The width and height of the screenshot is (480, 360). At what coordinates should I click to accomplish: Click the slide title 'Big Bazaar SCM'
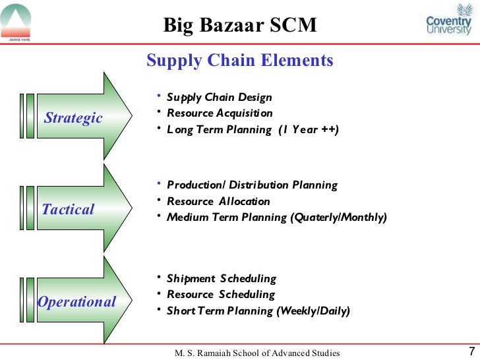pos(240,25)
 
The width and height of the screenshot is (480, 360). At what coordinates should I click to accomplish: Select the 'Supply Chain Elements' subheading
pos(239,61)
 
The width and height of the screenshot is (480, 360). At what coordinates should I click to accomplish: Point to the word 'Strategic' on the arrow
pos(73,118)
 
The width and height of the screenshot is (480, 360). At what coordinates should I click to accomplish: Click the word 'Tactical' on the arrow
pos(68,210)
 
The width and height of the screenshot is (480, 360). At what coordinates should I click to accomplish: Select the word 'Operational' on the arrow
pos(76,302)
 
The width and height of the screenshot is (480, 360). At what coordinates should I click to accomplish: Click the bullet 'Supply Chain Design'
pos(219,98)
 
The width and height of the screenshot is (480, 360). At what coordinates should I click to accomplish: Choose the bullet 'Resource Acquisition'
pos(220,113)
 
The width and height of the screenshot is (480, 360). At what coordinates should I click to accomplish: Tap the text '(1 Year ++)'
pos(308,130)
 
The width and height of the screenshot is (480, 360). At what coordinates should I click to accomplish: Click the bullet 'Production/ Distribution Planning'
pos(252,185)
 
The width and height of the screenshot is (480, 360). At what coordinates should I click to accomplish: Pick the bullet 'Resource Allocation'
pos(218,201)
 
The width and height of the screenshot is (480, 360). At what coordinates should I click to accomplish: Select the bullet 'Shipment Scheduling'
pos(221,278)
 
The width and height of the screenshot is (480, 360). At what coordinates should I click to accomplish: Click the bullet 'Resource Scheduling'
pos(221,294)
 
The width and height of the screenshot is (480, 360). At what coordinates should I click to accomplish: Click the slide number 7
pos(471,351)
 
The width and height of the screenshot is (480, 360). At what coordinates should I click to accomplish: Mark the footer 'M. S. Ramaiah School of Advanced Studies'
pos(257,353)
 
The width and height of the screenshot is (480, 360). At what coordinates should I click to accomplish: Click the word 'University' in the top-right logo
pos(448,30)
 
